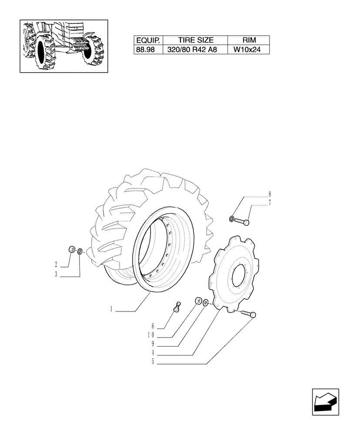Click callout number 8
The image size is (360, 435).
(x=270, y=194)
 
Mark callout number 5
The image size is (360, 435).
(x=153, y=361)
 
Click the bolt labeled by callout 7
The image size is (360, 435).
(x=242, y=221)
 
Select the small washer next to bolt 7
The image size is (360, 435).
(x=232, y=218)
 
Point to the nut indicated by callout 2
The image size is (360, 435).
(x=70, y=249)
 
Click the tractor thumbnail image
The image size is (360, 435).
(x=63, y=46)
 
